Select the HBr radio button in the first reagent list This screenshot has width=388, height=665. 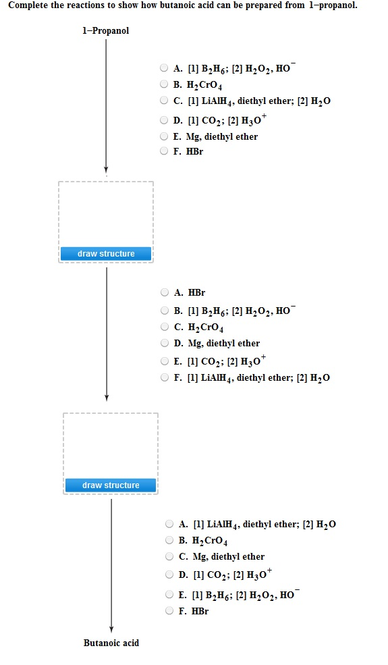[165, 151]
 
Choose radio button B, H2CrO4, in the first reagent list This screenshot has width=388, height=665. [165, 85]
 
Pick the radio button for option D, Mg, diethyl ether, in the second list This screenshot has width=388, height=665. [165, 343]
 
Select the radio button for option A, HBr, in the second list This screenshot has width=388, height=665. [165, 292]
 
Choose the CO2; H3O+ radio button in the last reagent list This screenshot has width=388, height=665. [170, 575]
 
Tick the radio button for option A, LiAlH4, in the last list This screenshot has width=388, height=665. [170, 524]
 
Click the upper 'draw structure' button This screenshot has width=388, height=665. [106, 254]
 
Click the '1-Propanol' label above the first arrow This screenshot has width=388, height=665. [106, 31]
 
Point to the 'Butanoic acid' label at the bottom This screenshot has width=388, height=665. [111, 643]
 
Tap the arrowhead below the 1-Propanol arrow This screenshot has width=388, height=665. [106, 169]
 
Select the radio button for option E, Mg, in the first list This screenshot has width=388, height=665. [165, 136]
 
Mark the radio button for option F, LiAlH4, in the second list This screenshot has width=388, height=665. [165, 377]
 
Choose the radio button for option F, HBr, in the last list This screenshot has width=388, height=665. [170, 611]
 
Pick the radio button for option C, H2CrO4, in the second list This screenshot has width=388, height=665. [165, 327]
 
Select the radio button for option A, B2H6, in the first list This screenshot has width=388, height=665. [165, 68]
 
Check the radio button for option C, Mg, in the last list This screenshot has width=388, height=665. [170, 557]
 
